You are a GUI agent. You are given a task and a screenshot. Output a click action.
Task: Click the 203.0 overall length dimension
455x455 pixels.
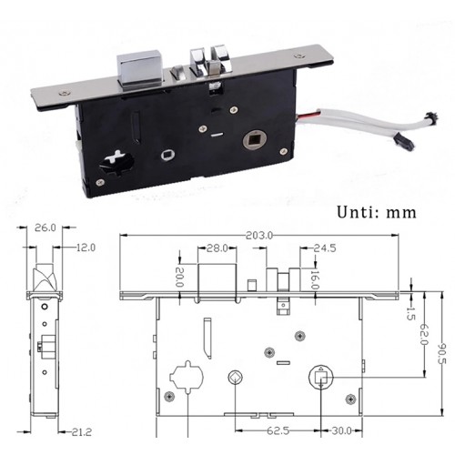point(259,235)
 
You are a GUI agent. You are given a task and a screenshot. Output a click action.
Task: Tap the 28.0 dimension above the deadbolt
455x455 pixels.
point(217,248)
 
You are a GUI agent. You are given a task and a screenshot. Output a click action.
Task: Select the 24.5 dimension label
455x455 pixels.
point(325,248)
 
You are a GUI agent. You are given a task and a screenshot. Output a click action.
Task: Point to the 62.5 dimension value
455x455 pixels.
point(278,430)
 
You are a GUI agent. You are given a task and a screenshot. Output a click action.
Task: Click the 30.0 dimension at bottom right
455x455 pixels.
point(341,430)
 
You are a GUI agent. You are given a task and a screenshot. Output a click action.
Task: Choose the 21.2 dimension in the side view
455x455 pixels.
point(81,431)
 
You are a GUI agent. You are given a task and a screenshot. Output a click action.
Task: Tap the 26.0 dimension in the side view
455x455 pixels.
point(45,227)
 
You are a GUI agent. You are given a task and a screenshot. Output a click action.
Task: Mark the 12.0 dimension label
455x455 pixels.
point(86,248)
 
